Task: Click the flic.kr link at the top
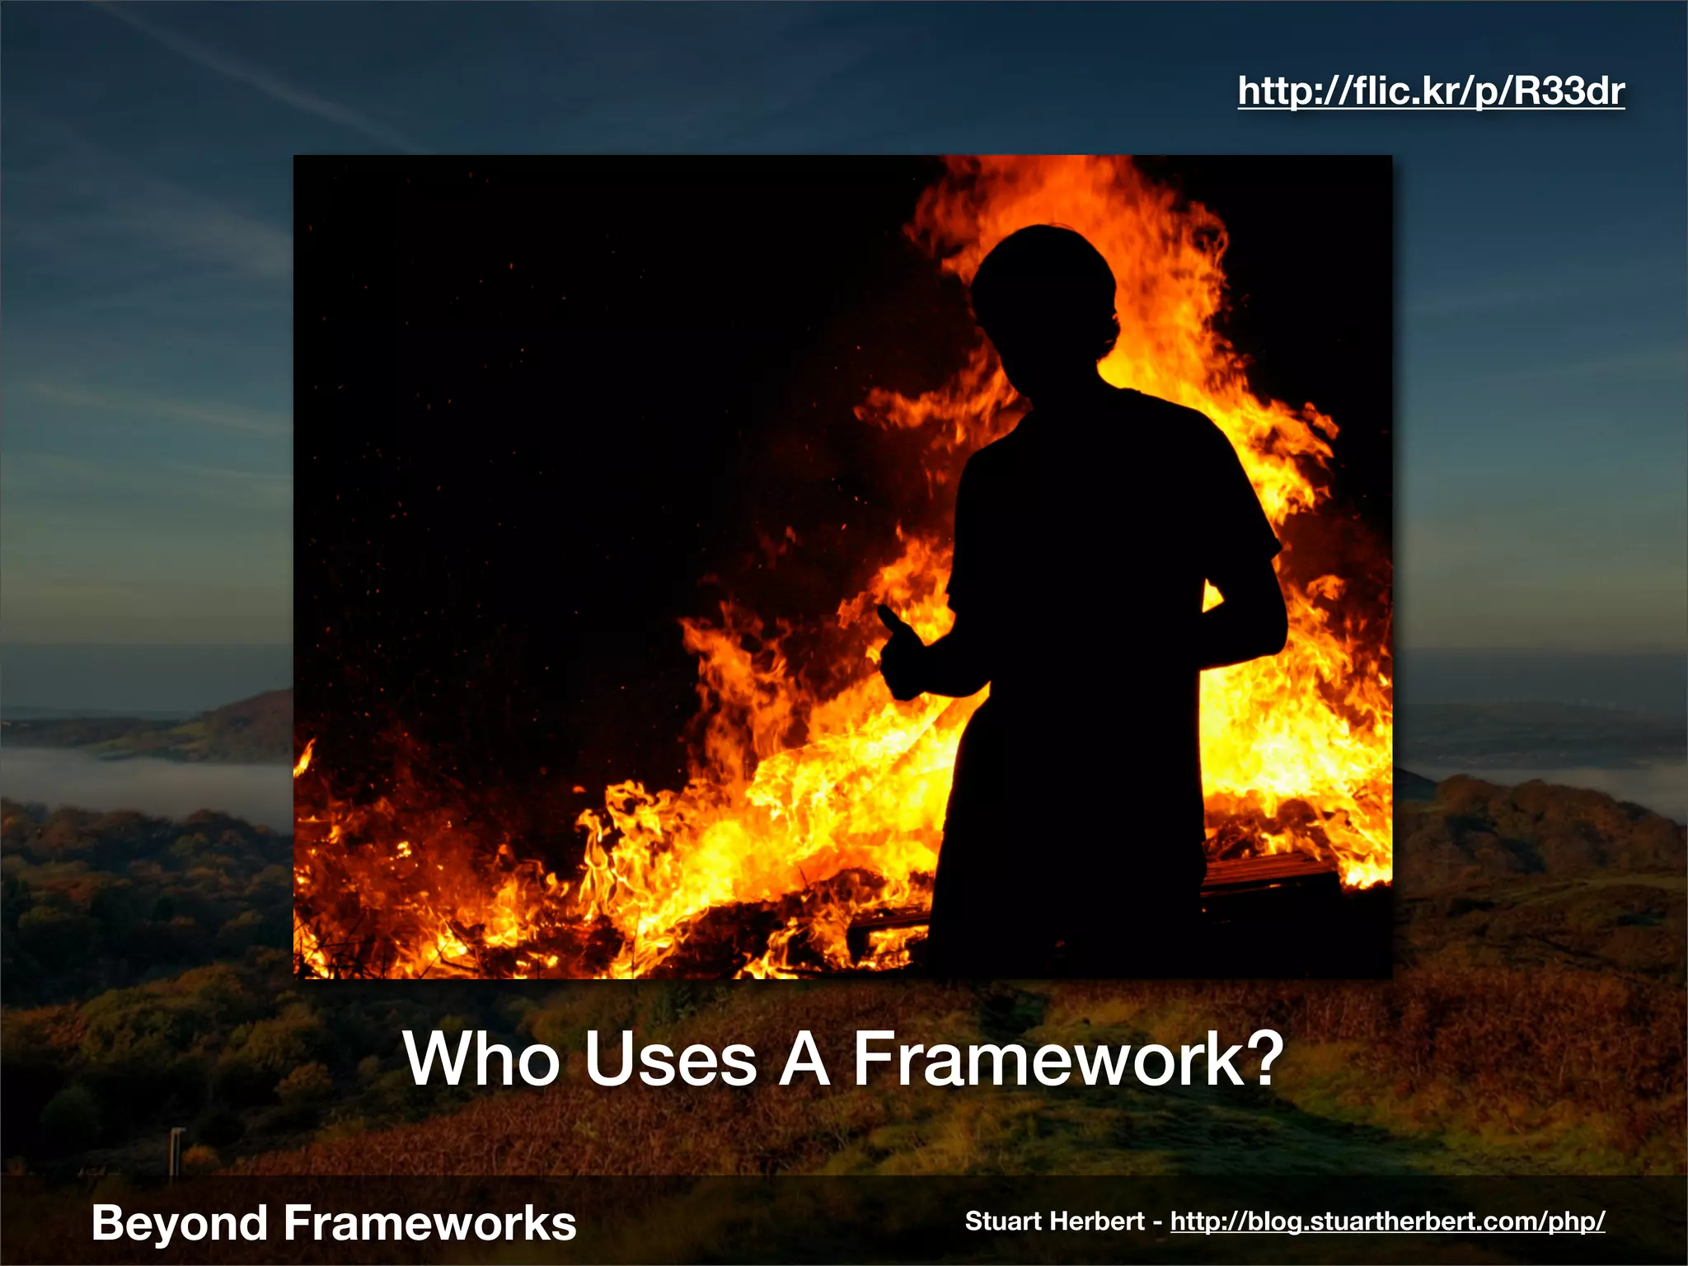point(1431,91)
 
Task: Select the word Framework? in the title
point(1067,1059)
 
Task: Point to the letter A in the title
point(804,1059)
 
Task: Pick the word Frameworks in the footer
point(429,1223)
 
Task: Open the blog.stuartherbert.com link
point(1387,1221)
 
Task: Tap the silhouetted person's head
point(1045,288)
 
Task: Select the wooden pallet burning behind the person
point(1269,874)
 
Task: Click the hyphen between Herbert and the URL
point(1157,1222)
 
